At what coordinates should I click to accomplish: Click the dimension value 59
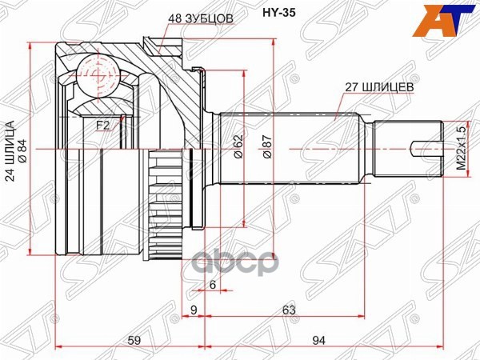point(135,340)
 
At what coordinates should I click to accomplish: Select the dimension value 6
point(213,286)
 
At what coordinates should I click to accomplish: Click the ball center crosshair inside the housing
point(98,75)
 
